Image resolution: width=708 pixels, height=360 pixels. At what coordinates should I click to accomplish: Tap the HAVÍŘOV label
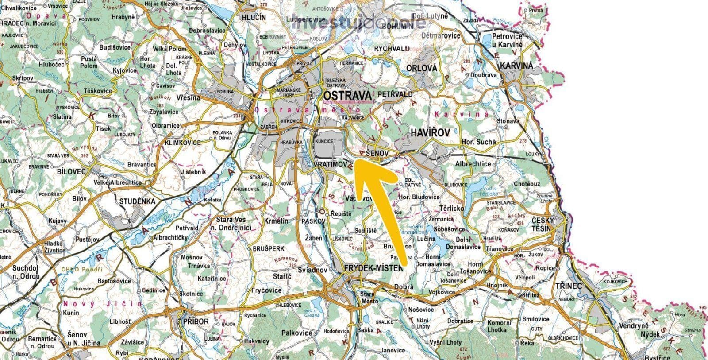click(x=430, y=132)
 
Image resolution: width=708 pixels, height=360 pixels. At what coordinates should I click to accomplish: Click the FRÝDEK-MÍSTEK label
click(x=373, y=267)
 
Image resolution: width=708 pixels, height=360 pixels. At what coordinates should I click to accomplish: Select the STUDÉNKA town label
click(x=137, y=201)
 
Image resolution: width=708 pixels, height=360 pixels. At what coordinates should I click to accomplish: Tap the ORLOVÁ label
click(x=421, y=68)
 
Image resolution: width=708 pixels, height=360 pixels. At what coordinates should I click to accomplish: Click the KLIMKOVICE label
click(x=182, y=143)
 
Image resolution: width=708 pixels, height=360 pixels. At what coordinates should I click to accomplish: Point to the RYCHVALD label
click(x=392, y=48)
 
